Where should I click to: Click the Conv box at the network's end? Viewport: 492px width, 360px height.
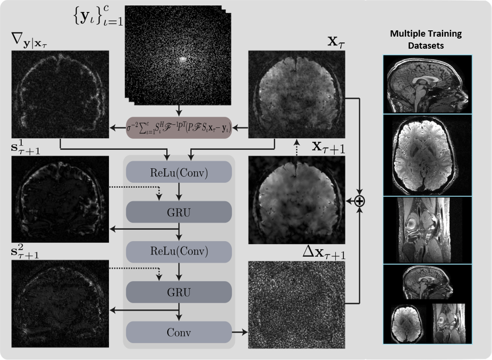tap(179, 332)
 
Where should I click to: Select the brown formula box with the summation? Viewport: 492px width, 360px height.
tap(179, 128)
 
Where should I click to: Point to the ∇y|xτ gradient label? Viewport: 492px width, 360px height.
tap(30, 43)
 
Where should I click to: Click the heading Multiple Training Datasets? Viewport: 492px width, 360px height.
tap(426, 39)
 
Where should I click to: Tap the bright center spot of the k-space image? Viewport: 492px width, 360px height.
tap(182, 59)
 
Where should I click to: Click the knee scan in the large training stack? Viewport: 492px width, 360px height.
tap(426, 229)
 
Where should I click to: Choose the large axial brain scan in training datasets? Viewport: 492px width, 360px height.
tap(426, 155)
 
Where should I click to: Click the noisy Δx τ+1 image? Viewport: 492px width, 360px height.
tap(296, 305)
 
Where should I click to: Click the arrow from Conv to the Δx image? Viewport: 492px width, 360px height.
tap(239, 332)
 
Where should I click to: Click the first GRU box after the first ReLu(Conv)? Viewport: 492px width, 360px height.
tap(179, 211)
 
